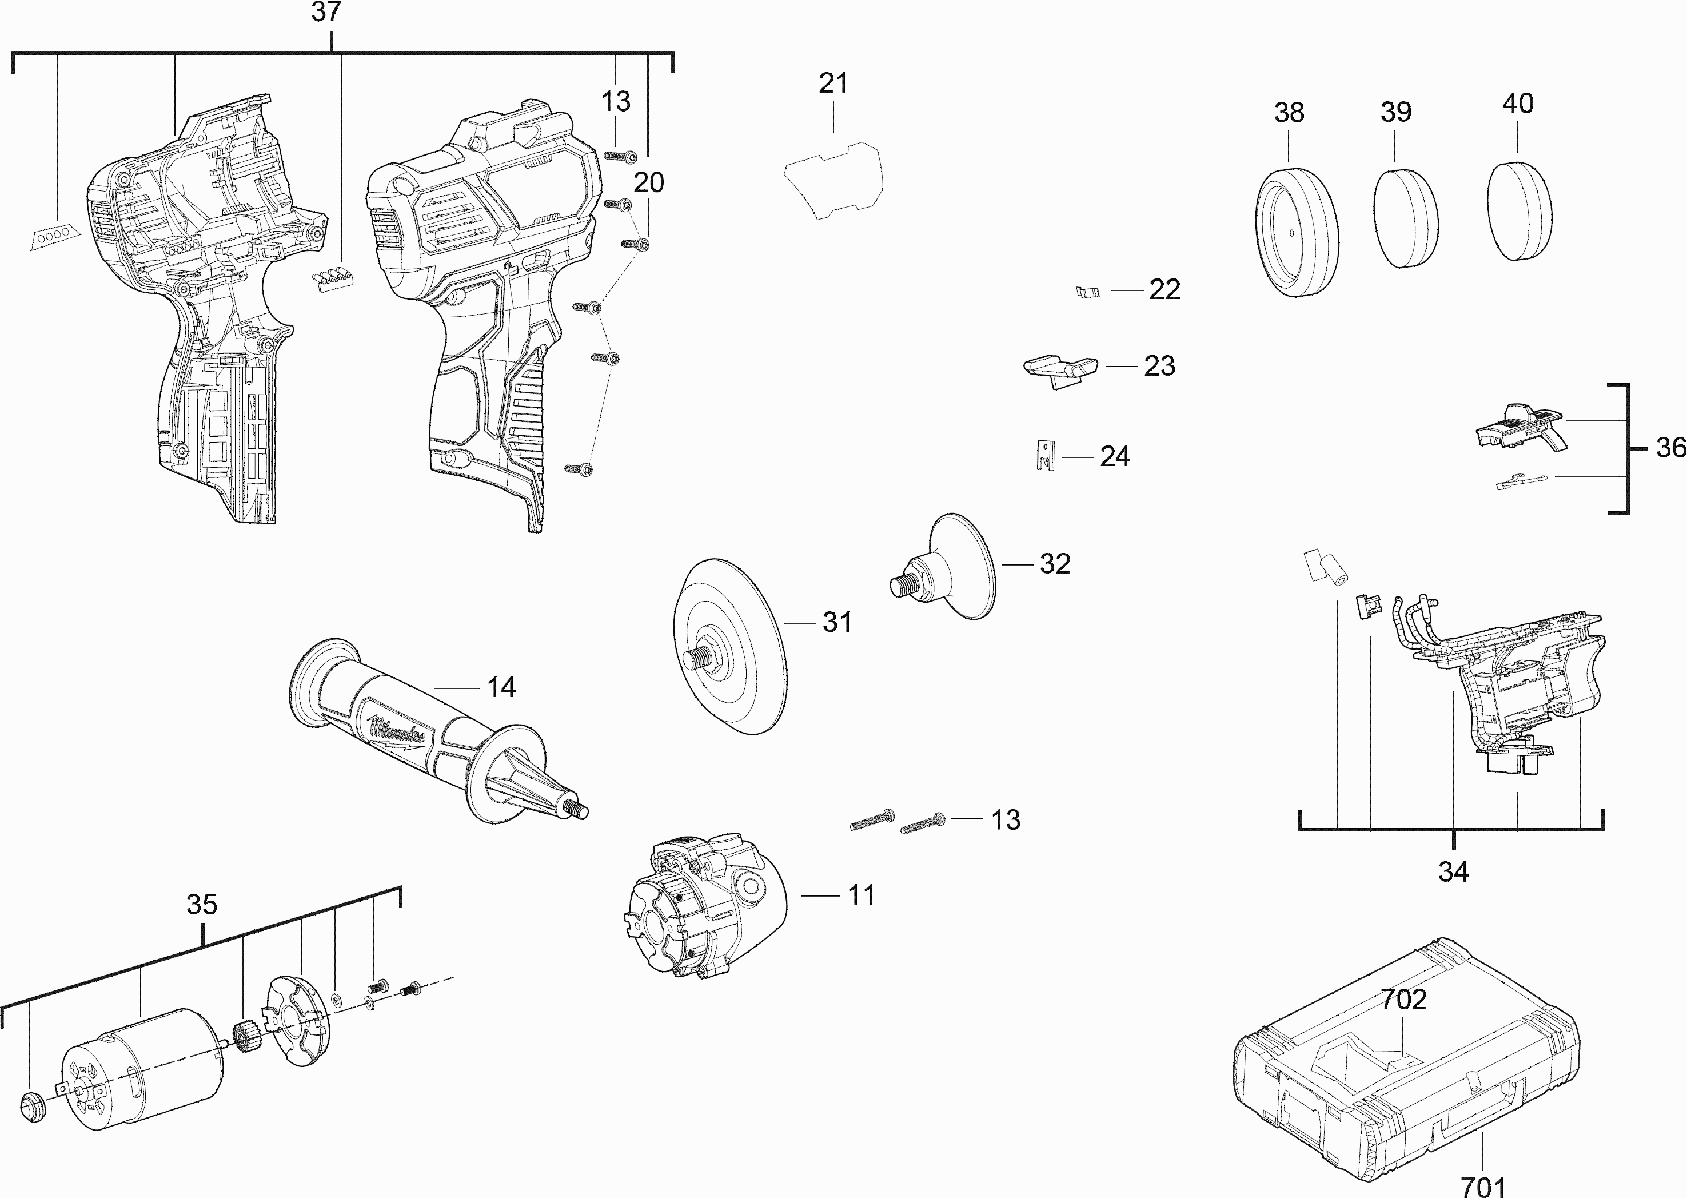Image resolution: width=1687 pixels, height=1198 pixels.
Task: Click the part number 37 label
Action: pos(326,13)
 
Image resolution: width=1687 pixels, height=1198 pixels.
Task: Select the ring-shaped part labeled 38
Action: pos(1296,232)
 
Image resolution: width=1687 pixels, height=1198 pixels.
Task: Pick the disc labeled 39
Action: pos(1406,218)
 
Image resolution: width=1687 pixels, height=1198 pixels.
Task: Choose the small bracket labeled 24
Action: pos(1044,455)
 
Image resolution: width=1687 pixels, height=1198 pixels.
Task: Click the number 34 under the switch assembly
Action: pos(1453,873)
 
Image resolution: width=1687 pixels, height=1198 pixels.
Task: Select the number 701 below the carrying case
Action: pos(1483,1186)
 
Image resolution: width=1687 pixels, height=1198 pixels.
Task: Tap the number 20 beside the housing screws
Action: pos(649,182)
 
